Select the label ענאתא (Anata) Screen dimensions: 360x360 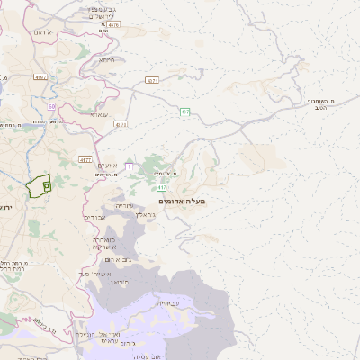[x=100, y=114]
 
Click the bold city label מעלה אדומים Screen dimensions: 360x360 [x=185, y=201]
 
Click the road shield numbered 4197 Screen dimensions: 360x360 [x=40, y=78]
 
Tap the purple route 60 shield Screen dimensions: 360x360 [x=52, y=106]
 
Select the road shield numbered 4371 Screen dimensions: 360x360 [x=151, y=80]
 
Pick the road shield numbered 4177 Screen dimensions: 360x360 [x=85, y=159]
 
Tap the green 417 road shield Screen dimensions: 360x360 [x=163, y=187]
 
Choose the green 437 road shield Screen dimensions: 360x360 [x=184, y=112]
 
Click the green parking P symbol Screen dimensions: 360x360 [x=47, y=184]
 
